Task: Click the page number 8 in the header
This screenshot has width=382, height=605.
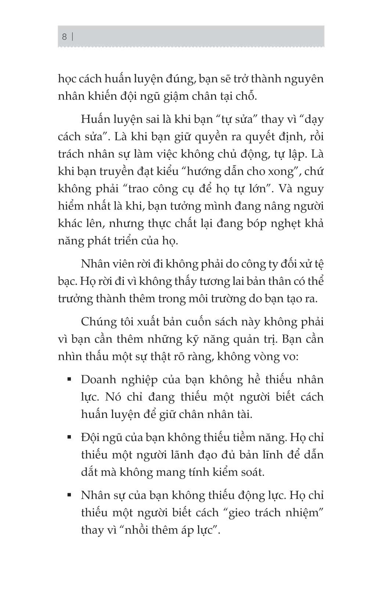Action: coord(64,37)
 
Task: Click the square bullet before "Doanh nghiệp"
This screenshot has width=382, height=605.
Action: coord(69,378)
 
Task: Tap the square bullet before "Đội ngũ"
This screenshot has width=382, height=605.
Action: coord(69,436)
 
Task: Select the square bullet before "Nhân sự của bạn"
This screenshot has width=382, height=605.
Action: coord(69,494)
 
